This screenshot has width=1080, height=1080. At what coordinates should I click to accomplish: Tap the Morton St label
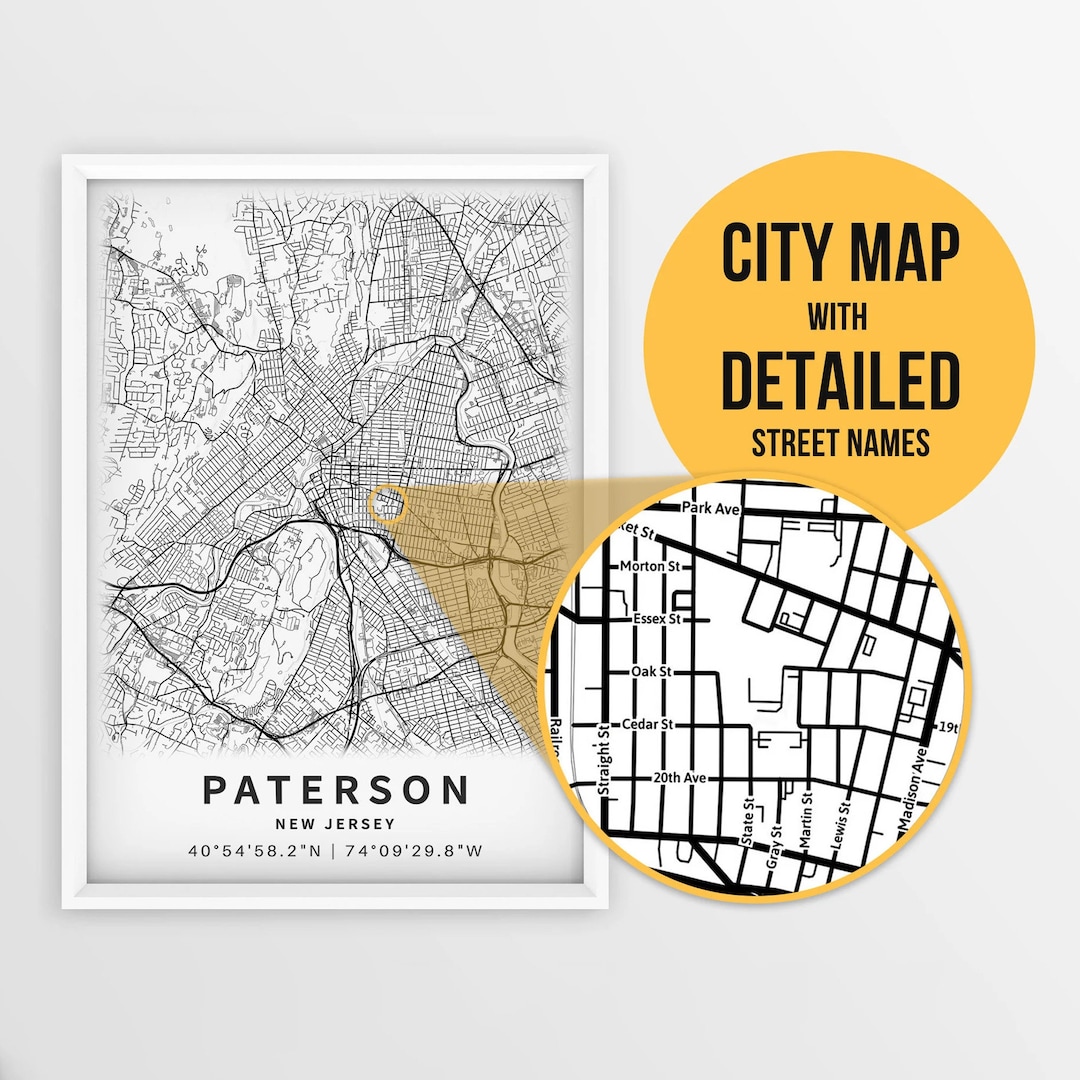click(x=649, y=566)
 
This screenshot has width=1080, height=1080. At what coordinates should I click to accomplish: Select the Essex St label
click(x=656, y=619)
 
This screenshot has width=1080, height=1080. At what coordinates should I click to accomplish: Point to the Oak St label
click(x=650, y=672)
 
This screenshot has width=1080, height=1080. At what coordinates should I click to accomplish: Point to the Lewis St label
click(x=843, y=822)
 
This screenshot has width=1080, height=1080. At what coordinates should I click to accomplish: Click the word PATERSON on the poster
click(x=335, y=790)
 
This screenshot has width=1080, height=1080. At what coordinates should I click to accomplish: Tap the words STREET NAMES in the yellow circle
click(x=840, y=441)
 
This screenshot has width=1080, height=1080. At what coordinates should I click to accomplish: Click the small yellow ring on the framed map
click(x=387, y=504)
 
